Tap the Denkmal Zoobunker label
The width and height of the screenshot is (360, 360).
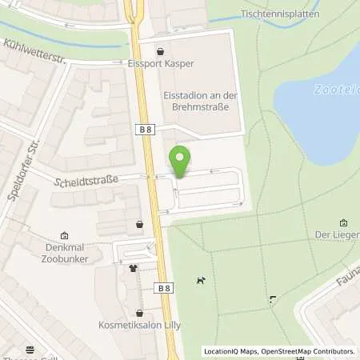[x=62, y=253]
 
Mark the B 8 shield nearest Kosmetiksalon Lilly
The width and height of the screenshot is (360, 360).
[x=164, y=288]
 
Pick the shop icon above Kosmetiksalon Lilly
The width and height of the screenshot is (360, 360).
[x=140, y=314]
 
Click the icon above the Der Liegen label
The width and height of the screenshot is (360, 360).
[x=344, y=222]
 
